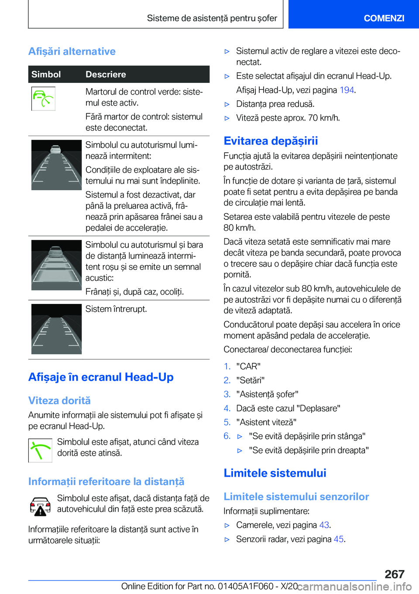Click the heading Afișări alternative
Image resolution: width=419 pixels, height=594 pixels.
point(72,51)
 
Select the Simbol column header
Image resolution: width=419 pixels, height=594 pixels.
point(46,75)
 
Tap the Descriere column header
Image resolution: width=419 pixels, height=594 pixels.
point(106,75)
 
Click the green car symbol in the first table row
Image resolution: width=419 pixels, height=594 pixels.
point(43,99)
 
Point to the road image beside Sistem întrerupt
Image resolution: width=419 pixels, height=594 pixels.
point(56,329)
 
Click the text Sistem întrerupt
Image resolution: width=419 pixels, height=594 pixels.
point(116,309)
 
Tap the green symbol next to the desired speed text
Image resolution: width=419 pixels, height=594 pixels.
point(40,450)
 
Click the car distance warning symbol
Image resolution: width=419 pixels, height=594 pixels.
point(40,506)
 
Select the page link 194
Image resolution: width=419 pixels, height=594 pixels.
point(347,90)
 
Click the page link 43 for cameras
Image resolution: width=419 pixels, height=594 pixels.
point(324,525)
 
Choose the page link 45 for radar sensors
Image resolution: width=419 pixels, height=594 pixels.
point(338,539)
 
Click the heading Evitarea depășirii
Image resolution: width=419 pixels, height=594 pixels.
point(271,141)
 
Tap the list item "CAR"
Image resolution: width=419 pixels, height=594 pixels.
point(248,366)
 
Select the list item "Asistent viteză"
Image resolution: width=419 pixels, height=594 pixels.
point(266,422)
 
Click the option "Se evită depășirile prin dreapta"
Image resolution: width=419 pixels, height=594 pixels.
point(309,450)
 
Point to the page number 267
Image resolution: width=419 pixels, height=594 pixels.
point(395,574)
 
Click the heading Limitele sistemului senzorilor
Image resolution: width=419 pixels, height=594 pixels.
point(296,497)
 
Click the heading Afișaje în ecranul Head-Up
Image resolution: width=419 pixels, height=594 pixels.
point(101,377)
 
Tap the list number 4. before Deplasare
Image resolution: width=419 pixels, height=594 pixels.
point(227,408)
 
